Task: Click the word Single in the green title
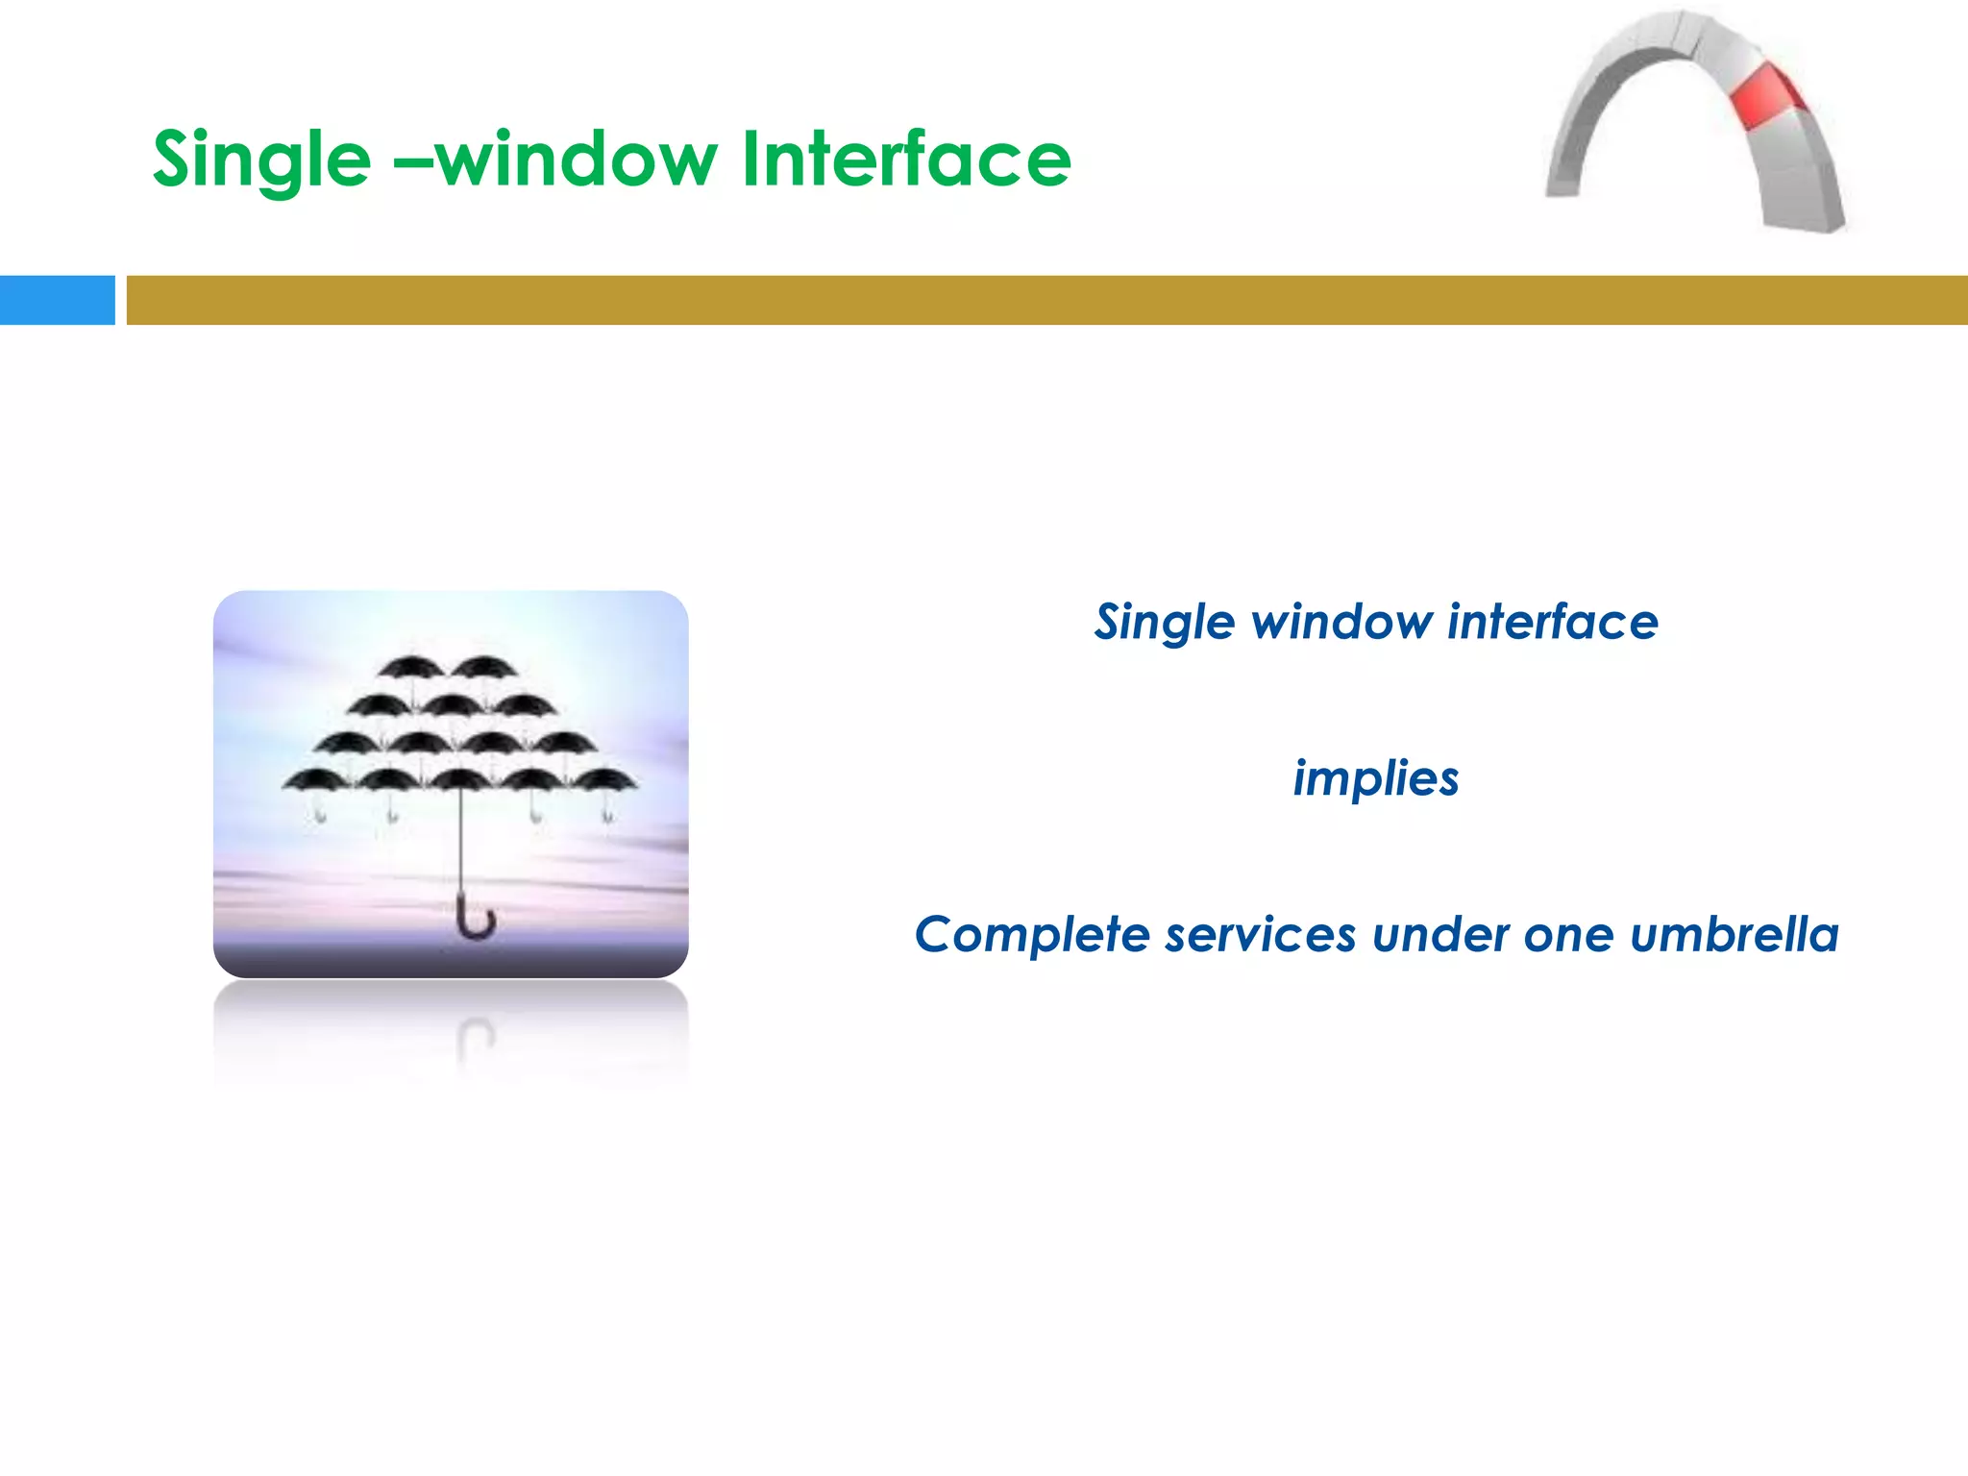point(261,160)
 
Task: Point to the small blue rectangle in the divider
point(57,300)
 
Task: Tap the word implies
point(1375,778)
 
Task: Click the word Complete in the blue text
point(1032,934)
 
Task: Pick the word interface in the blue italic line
point(1553,622)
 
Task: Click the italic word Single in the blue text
point(1164,623)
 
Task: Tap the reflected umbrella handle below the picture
point(475,1038)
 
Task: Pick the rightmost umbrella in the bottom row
point(603,780)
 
